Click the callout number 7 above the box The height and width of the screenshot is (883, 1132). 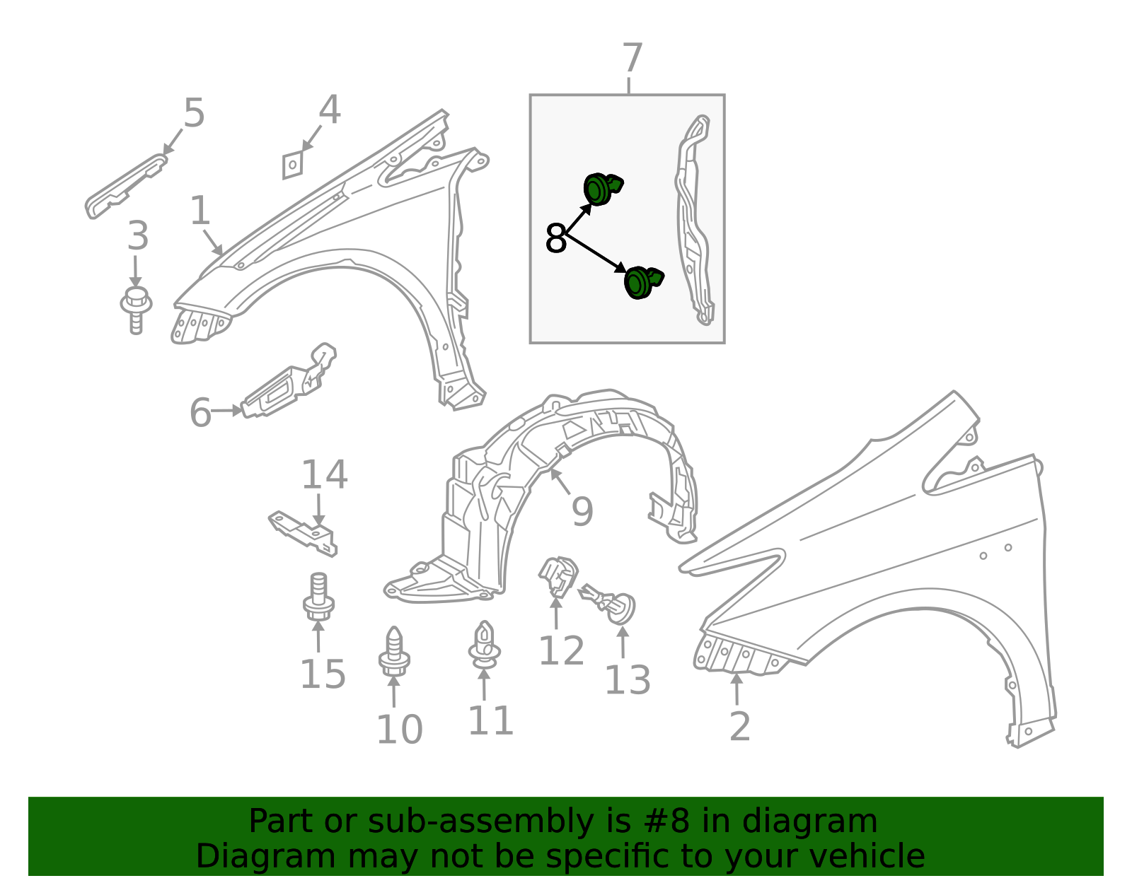click(x=633, y=58)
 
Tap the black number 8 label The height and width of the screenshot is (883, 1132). click(x=555, y=238)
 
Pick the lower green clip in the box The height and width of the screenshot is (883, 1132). click(x=643, y=283)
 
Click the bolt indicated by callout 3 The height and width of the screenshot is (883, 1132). click(x=136, y=310)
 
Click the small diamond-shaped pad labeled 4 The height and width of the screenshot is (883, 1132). click(x=292, y=165)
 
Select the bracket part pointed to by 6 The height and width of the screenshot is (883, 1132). click(x=289, y=381)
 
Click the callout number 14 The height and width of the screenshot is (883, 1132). click(x=325, y=474)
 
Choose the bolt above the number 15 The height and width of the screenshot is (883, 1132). click(x=318, y=597)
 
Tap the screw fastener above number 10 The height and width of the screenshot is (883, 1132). click(x=394, y=651)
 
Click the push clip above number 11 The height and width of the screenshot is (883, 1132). click(x=484, y=645)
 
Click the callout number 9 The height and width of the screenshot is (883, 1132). click(x=582, y=512)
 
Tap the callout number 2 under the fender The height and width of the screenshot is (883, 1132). click(x=740, y=726)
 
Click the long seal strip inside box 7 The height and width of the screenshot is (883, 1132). click(x=694, y=218)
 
